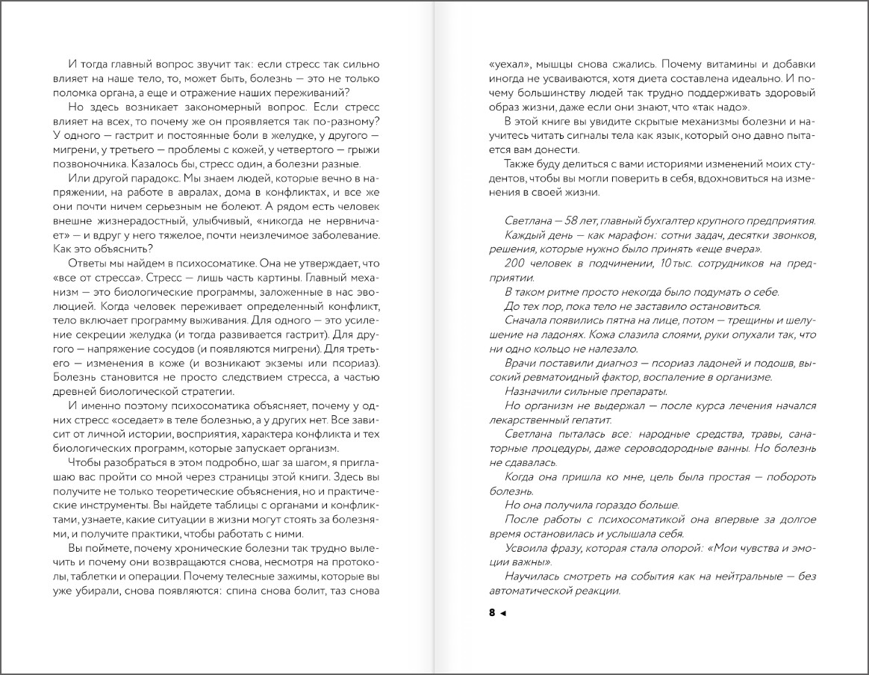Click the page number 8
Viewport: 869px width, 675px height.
point(492,613)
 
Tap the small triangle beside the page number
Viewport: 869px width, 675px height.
point(502,614)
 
